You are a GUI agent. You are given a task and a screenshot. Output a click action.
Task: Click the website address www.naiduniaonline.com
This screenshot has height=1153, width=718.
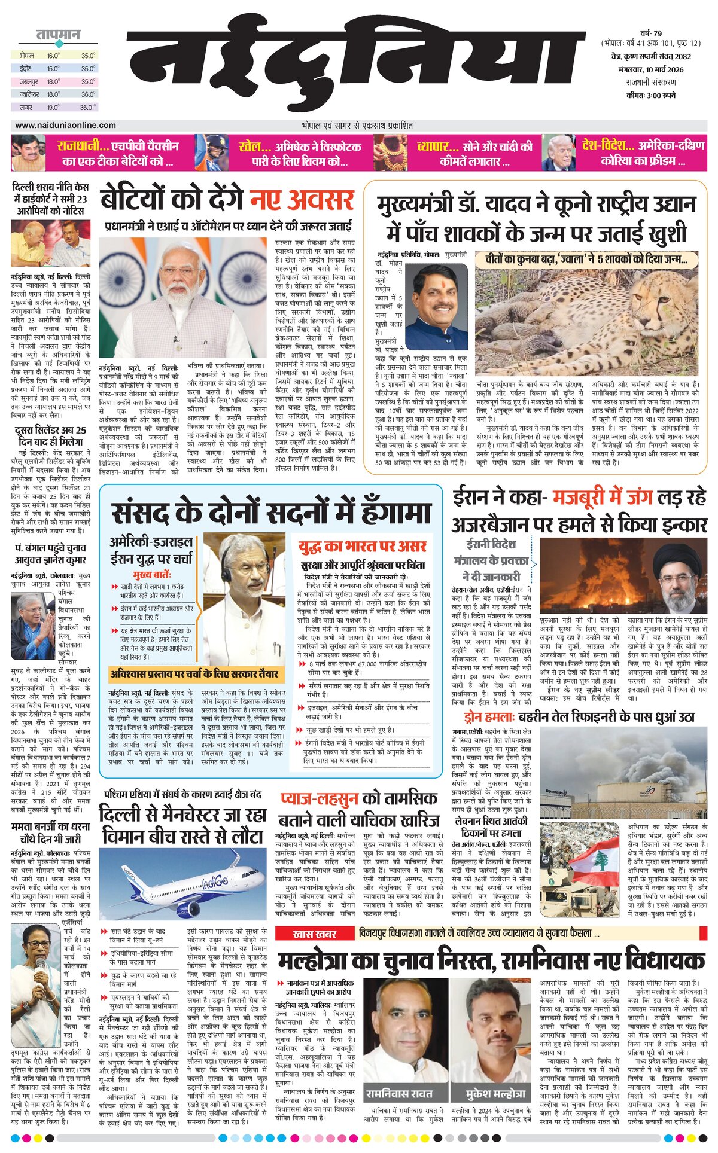tap(66, 125)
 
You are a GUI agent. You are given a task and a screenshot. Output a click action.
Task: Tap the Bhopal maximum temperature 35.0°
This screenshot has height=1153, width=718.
tap(88, 55)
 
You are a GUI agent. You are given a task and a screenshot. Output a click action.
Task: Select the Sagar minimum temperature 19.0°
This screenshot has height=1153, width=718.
tap(53, 108)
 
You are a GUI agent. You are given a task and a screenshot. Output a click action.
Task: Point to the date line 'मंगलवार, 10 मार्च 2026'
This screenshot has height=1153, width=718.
tap(647, 69)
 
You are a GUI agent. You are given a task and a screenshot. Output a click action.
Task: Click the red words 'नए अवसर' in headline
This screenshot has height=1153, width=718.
tap(302, 200)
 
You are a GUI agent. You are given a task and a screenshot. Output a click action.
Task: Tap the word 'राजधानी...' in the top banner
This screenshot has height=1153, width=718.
tap(83, 145)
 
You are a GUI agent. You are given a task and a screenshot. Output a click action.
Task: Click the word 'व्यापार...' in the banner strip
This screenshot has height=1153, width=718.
tap(439, 146)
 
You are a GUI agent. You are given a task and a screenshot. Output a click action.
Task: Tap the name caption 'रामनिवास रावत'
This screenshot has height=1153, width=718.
tap(399, 1093)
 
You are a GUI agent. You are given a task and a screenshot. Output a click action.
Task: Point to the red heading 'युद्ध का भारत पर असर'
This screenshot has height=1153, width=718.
tap(363, 545)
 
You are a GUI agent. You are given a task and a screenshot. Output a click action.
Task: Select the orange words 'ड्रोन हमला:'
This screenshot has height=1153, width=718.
tap(489, 718)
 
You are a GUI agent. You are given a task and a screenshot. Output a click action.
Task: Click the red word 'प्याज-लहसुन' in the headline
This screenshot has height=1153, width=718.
tap(320, 800)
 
